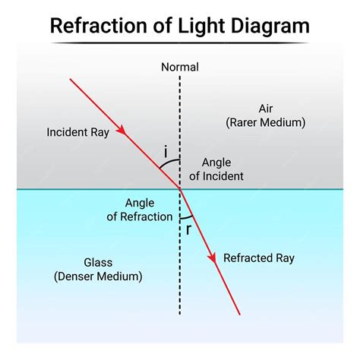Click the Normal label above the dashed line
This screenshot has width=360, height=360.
180,67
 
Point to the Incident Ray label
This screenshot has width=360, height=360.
77,131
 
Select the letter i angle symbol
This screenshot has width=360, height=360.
166,153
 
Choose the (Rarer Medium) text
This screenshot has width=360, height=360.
265,122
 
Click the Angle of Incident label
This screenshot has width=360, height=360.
216,169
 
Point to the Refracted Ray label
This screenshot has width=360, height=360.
258,258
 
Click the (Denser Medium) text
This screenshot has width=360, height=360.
98,276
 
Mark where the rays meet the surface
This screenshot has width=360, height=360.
180,188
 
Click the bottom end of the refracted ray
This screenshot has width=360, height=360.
239,314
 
